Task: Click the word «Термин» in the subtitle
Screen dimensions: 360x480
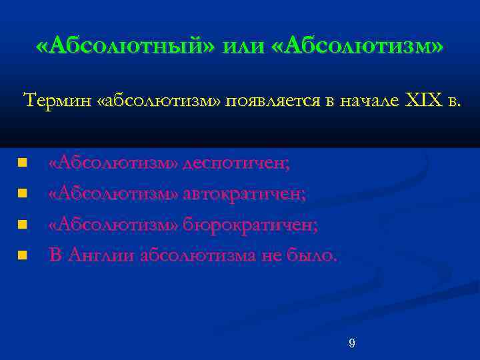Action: [56, 101]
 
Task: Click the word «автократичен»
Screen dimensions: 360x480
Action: [245, 194]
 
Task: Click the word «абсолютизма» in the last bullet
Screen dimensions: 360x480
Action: [199, 255]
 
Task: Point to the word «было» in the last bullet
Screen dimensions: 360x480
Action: [313, 255]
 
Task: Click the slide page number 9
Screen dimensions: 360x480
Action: [352, 343]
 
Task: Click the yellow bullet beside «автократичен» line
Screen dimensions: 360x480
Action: [23, 194]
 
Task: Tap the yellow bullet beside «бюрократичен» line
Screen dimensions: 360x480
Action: [23, 225]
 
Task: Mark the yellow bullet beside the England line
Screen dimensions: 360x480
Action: [23, 255]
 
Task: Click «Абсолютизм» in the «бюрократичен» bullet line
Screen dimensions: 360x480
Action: [114, 225]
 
